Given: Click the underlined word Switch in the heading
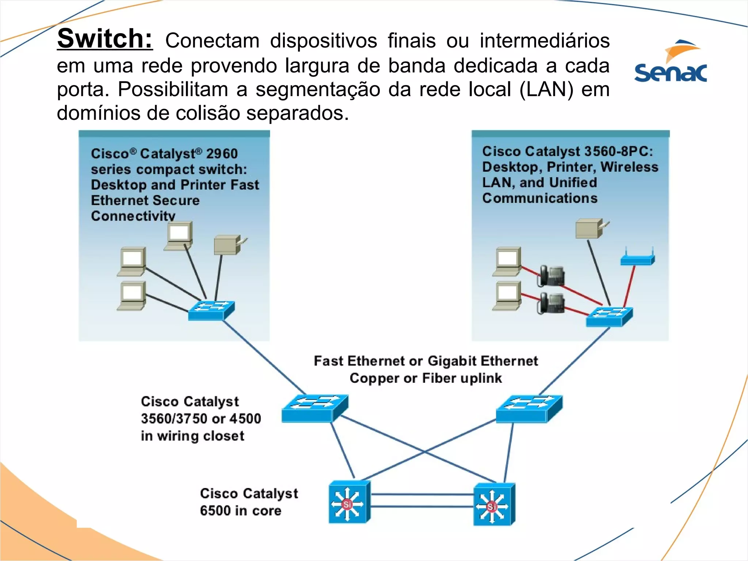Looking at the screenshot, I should (105, 38).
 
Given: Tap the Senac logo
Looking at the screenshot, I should (671, 62).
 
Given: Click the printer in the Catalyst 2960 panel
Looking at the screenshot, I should (228, 245).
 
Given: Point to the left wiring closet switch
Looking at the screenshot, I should (314, 408).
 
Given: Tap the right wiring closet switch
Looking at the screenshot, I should (529, 408).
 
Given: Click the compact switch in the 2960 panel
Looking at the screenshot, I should (211, 310).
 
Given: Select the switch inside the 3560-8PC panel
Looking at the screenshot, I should (609, 316).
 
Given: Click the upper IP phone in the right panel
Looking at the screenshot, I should (551, 276).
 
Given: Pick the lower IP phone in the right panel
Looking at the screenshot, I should (551, 303).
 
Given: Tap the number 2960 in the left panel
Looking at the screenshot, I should (222, 153).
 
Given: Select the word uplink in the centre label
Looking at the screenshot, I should (481, 378).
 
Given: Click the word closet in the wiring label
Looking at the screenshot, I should (224, 436).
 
